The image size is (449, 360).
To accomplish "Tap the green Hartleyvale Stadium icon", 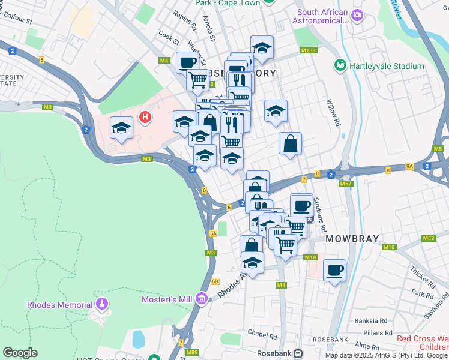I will tap(340, 64).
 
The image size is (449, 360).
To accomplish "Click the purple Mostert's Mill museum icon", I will tap(202, 298).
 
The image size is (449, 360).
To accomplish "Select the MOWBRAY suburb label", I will tap(352, 239).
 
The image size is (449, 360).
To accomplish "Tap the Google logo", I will tap(20, 353).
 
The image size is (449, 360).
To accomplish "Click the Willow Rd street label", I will tap(334, 113).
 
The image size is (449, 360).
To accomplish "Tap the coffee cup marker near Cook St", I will tap(187, 62).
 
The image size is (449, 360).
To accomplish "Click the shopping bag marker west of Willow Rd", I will tap(290, 143).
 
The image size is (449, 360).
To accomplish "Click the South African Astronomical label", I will tap(322, 16).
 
